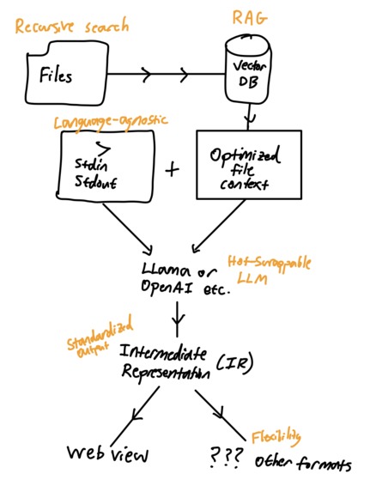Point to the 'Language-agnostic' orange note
(x=100, y=125)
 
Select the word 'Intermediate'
(x=168, y=353)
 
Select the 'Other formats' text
(x=302, y=464)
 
